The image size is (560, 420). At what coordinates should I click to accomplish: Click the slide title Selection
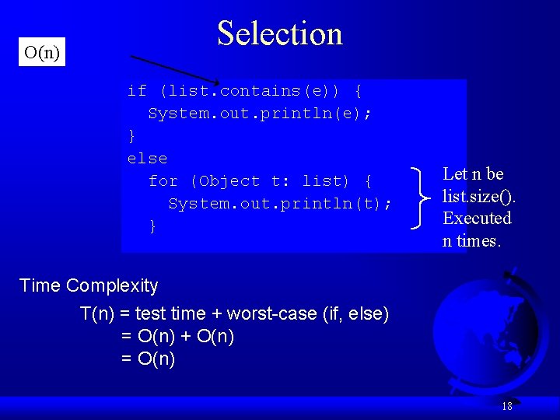tap(280, 33)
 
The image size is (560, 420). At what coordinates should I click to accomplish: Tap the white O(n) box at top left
tap(42, 53)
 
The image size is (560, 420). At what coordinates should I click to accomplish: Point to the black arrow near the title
tap(174, 69)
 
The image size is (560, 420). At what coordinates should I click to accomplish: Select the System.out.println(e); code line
tap(260, 114)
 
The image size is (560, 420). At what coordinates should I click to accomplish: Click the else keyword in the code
tap(147, 159)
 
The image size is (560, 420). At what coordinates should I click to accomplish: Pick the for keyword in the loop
tap(163, 181)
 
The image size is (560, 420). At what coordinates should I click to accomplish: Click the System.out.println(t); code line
tap(280, 204)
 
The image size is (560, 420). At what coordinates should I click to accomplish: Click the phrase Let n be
tap(473, 174)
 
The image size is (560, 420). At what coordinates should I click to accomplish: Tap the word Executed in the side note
tap(477, 219)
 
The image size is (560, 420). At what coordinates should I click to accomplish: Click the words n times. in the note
tap(472, 241)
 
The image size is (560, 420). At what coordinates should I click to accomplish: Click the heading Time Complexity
tap(89, 285)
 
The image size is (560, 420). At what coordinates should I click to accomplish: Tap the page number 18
tap(507, 406)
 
